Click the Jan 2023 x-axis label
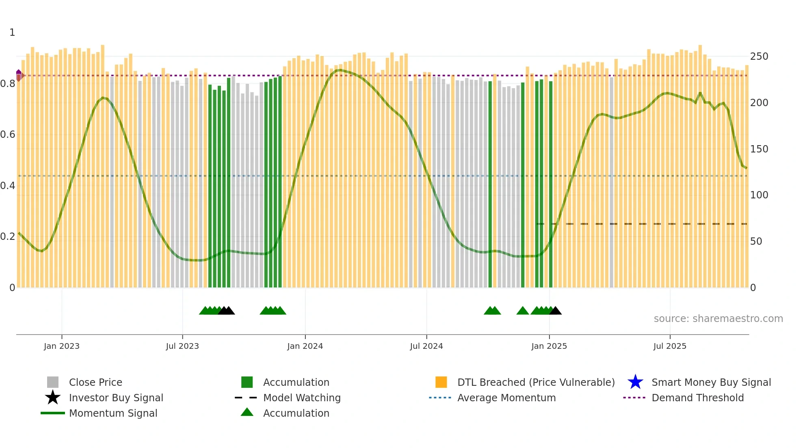62,346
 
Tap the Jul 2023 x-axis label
182,346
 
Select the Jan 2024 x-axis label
305,346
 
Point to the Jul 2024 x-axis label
426,346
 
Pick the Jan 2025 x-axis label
549,346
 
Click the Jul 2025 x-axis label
670,346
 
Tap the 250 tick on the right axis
759,57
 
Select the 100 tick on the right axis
759,195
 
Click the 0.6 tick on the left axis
8,135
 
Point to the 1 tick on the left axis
12,33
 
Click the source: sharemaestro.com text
718,319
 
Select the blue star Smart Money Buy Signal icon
635,382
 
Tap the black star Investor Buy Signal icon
53,398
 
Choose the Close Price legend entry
95,382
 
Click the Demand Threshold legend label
697,398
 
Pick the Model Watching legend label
302,398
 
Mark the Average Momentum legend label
506,398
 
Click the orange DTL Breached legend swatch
441,382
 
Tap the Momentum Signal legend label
113,413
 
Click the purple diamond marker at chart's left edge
19,75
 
